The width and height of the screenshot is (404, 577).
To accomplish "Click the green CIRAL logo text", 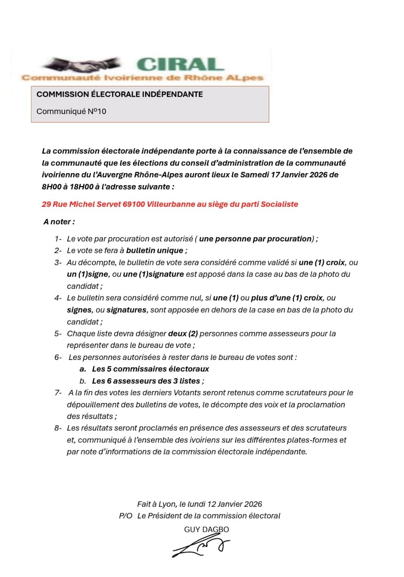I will pyautogui.click(x=180, y=65).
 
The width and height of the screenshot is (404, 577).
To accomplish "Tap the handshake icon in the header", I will pyautogui.click(x=84, y=66).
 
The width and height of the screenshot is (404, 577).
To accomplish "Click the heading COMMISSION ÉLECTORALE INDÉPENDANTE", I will pyautogui.click(x=119, y=94).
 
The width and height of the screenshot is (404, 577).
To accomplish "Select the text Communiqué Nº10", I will pyautogui.click(x=71, y=111).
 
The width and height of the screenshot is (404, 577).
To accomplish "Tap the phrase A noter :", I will pyautogui.click(x=59, y=221).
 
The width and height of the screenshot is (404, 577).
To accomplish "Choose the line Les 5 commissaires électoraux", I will pyautogui.click(x=150, y=369).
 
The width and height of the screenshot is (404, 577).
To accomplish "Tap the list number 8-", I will pyautogui.click(x=58, y=428).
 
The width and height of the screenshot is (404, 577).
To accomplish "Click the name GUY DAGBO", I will pyautogui.click(x=207, y=529).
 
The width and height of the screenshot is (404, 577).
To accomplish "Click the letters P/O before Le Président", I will pyautogui.click(x=126, y=516).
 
